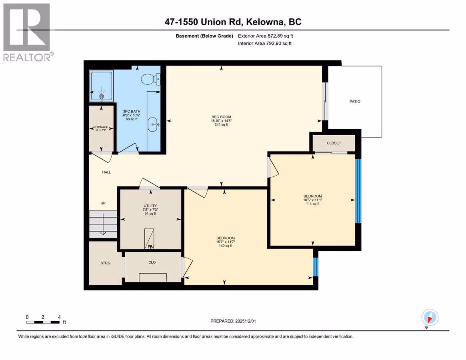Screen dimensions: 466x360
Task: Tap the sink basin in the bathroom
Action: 153,124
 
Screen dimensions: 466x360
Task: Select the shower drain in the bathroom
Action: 101,96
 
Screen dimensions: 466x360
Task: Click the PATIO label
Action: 354,102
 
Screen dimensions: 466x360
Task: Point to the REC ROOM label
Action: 221,117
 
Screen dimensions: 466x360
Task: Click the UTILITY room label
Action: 150,206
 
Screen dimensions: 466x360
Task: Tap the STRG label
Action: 106,263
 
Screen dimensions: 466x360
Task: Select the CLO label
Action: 152,262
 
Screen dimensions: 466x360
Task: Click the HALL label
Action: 106,172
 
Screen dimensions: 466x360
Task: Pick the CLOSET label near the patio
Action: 334,143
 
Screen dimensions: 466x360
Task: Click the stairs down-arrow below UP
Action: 103,224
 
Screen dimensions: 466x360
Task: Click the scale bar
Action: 43,322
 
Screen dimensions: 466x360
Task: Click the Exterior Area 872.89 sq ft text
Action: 265,36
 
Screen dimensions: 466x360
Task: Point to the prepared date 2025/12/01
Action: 246,321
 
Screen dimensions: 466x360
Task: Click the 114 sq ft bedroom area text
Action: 313,204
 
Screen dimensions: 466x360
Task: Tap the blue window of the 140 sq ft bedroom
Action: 316,267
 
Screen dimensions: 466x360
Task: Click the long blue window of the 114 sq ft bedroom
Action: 358,191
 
